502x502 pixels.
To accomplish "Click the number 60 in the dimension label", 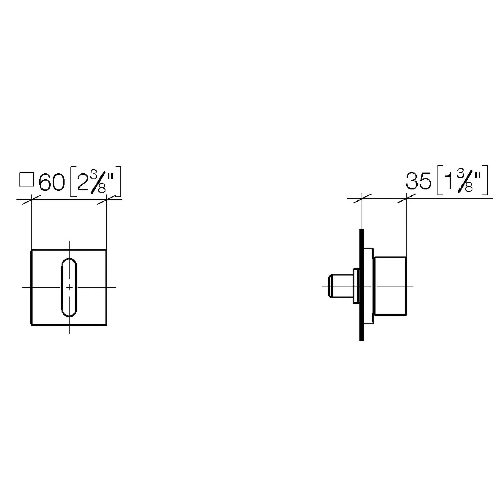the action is (52, 182).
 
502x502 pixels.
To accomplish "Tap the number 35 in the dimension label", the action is (418, 181).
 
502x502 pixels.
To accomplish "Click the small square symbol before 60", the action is (27, 179).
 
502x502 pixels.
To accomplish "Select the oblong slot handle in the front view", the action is (69, 287).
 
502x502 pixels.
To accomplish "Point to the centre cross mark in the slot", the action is (69, 287).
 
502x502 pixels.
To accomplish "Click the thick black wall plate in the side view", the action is (361, 285).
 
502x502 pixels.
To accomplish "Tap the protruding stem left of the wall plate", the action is (340, 286).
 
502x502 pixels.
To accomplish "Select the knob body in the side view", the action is (390, 286).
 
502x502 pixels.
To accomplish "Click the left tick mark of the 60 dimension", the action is (31, 200).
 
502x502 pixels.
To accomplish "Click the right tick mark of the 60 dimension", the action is (107, 200).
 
